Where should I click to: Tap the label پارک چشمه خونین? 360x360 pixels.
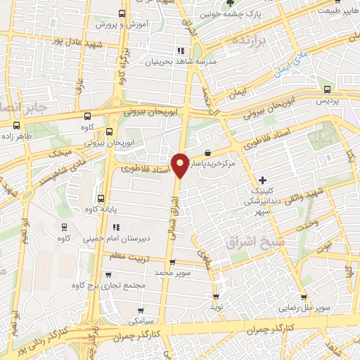point(262,13)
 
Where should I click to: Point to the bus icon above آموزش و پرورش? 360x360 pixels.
point(122,13)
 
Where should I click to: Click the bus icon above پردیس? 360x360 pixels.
point(327,89)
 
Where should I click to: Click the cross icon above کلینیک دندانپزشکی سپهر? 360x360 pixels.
point(263,180)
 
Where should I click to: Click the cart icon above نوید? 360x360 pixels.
point(215,297)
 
